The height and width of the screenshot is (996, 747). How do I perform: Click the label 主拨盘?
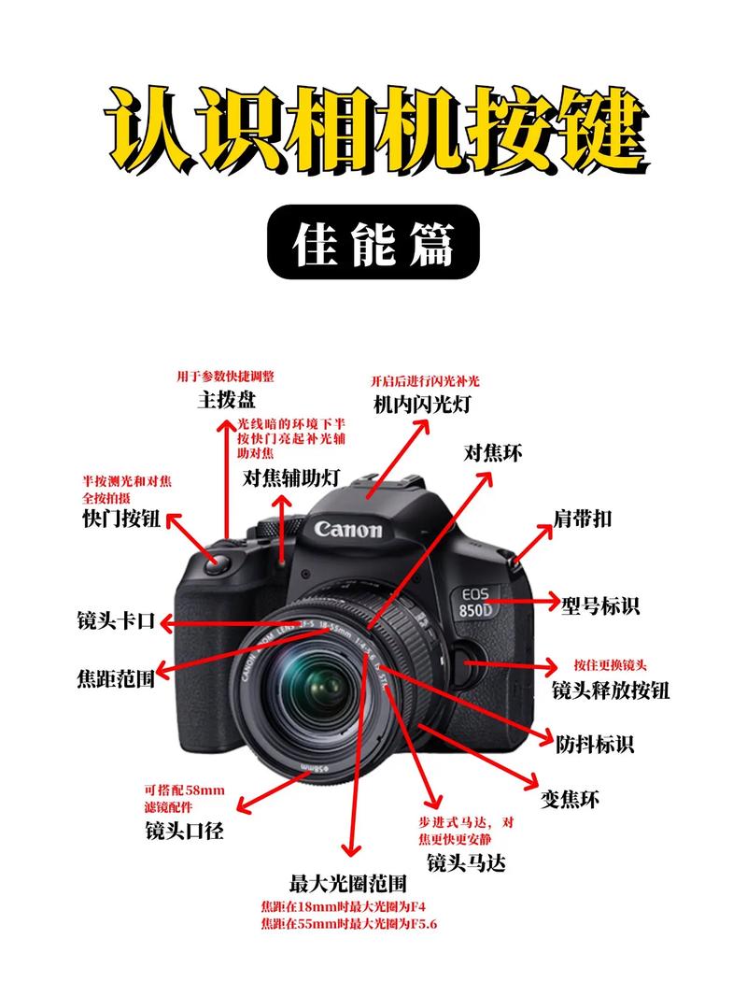click(x=227, y=400)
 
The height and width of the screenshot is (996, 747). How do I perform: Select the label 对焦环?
click(x=493, y=454)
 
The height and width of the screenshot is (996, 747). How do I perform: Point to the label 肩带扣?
click(x=583, y=519)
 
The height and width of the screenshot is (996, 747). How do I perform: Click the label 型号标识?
click(x=600, y=605)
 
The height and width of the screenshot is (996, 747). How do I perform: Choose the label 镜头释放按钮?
click(x=611, y=690)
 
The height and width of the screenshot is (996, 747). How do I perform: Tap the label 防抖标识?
click(x=595, y=745)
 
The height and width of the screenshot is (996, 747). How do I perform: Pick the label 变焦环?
click(x=571, y=799)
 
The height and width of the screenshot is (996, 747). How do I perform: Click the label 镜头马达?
click(x=466, y=862)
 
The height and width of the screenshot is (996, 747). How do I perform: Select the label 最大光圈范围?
click(x=348, y=883)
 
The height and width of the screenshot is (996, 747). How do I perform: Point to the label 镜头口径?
click(x=184, y=830)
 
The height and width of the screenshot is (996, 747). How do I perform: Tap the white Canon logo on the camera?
click(x=348, y=530)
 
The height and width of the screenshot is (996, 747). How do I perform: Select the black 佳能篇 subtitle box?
click(x=373, y=242)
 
